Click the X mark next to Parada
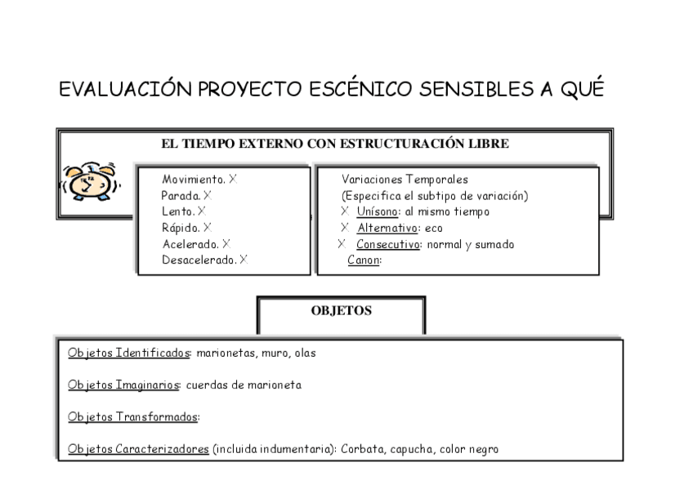click(x=208, y=195)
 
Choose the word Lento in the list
click(x=177, y=211)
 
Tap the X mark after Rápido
click(x=208, y=228)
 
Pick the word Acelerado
click(x=191, y=244)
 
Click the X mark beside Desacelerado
click(x=244, y=260)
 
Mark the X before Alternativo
click(x=344, y=229)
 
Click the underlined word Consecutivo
click(x=387, y=245)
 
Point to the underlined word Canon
click(x=363, y=261)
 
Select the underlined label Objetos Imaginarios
click(x=124, y=385)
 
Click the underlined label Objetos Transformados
click(x=132, y=417)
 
